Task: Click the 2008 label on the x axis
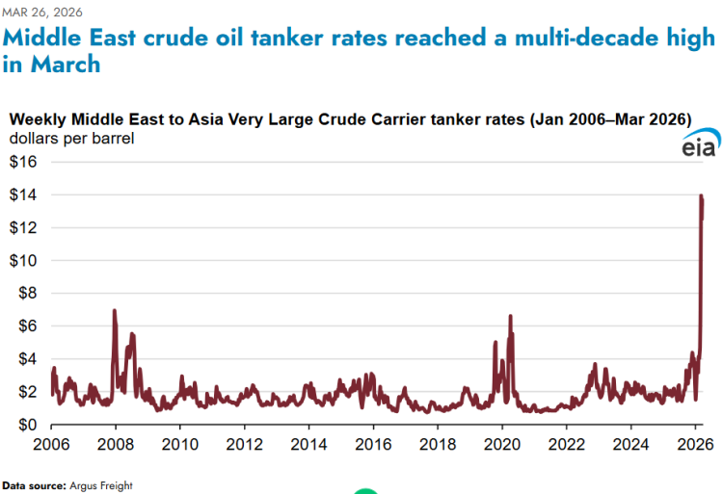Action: tap(116, 445)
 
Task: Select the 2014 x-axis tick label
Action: tap(308, 445)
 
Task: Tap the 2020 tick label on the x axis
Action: tap(502, 445)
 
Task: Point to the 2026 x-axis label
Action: tap(695, 445)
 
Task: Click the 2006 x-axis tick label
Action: tap(51, 445)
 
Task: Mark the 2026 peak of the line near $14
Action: tap(701, 196)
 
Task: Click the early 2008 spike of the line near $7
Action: tap(115, 311)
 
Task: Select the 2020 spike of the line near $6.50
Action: tap(510, 316)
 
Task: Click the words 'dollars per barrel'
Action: tap(72, 139)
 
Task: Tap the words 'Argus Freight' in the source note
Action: tap(100, 485)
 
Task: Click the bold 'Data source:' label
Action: tap(34, 485)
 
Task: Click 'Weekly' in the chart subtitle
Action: tap(37, 119)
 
